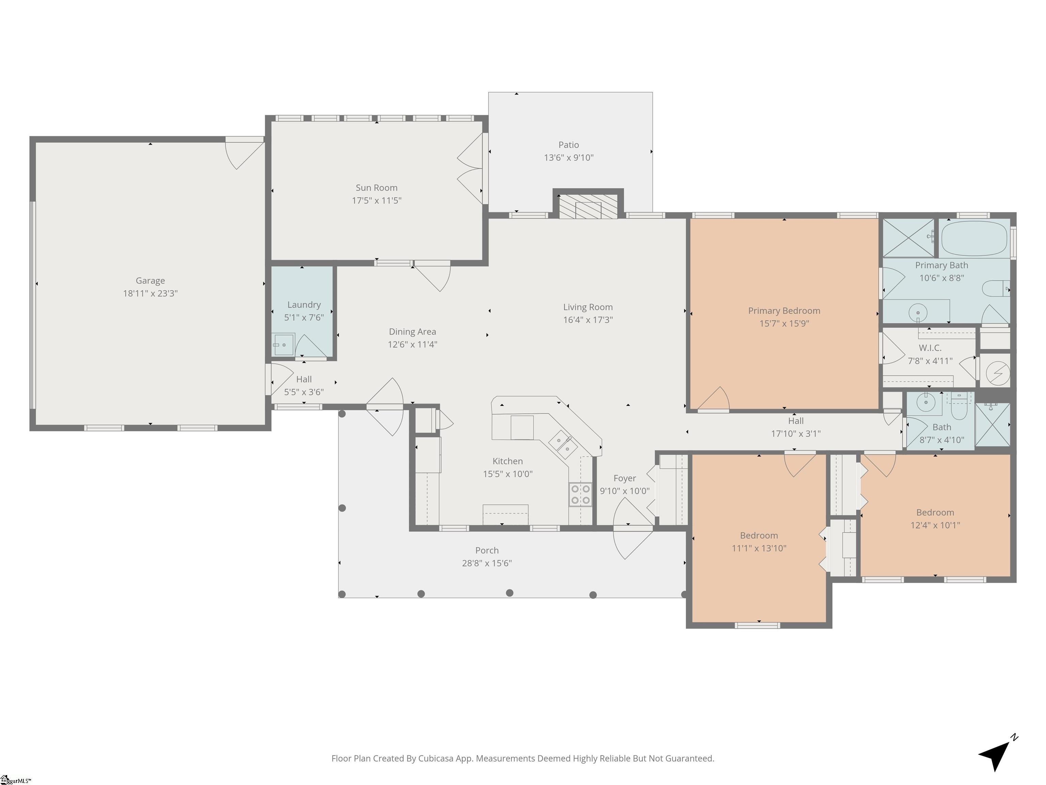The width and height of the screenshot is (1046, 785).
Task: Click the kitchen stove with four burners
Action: click(x=580, y=494)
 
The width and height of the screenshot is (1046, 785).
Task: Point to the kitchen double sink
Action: click(x=563, y=444)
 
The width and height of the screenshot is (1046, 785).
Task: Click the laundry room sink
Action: click(x=283, y=344)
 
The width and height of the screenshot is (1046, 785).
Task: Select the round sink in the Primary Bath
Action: click(x=917, y=312)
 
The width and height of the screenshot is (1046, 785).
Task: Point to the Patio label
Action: click(x=568, y=145)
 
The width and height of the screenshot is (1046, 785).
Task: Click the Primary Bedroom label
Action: click(x=784, y=311)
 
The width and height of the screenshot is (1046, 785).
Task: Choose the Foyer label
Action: click(x=625, y=478)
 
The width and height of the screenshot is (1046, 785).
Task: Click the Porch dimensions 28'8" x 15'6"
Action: click(x=487, y=563)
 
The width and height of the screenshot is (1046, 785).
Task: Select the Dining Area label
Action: click(x=412, y=332)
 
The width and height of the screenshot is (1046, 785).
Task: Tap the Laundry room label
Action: click(x=304, y=305)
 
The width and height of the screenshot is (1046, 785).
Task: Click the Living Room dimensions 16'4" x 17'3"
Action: click(x=588, y=320)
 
